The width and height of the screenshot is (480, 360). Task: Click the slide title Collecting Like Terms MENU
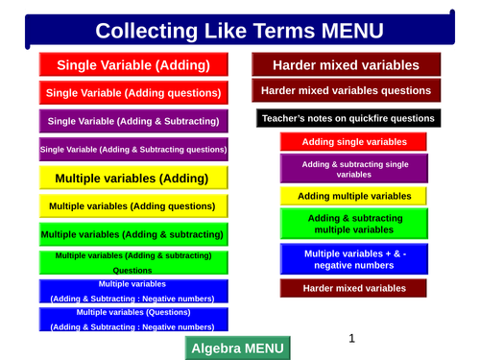(x=239, y=30)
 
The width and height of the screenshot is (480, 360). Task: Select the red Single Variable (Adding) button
(x=133, y=65)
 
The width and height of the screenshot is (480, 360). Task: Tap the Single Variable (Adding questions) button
(x=133, y=93)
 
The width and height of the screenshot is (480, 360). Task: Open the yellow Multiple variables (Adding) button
(x=133, y=178)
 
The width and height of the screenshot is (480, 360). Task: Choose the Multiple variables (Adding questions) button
(x=133, y=205)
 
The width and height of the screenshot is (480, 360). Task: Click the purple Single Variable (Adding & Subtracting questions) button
(x=133, y=149)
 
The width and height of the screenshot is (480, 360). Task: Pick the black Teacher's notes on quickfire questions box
(x=348, y=119)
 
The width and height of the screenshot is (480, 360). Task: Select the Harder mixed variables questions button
(x=347, y=91)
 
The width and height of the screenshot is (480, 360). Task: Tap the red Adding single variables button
(x=354, y=141)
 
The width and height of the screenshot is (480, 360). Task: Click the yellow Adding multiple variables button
(x=354, y=196)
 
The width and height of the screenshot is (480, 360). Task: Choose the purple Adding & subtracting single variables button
(x=354, y=169)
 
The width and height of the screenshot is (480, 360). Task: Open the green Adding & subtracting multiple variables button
(x=354, y=224)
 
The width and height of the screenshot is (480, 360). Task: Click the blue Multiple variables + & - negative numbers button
(x=354, y=259)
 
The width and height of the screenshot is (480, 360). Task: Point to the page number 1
(x=352, y=338)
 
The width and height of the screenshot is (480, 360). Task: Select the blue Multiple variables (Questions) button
(x=133, y=319)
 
